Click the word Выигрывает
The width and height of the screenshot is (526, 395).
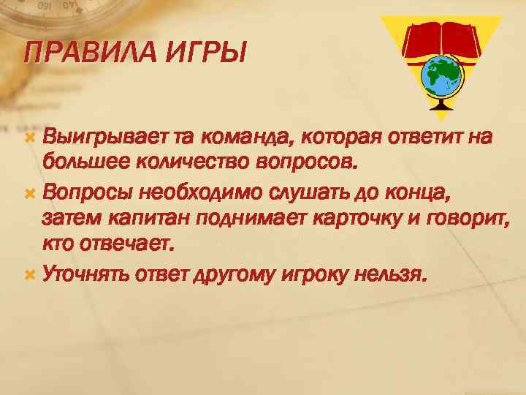(106, 138)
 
